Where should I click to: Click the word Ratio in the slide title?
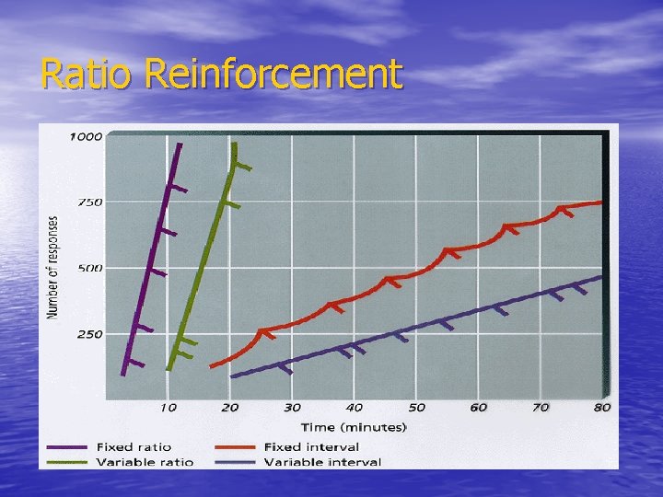[x=88, y=74]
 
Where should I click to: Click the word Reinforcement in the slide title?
[x=274, y=74]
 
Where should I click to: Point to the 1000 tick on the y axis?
[x=87, y=136]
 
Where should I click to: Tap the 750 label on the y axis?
[x=89, y=202]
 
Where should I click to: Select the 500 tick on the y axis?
[x=89, y=268]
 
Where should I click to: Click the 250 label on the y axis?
[x=89, y=334]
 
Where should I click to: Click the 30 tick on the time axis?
[x=292, y=407]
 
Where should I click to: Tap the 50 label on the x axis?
[x=416, y=407]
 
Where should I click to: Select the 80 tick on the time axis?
[x=601, y=407]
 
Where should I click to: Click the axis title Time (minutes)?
[x=354, y=426]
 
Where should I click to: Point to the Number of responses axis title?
[x=52, y=267]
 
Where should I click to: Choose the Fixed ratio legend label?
[x=135, y=446]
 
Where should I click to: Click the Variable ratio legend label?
[x=144, y=461]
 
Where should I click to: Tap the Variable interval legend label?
[x=322, y=461]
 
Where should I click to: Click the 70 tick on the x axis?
[x=540, y=407]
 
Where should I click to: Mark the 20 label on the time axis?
[x=230, y=407]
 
